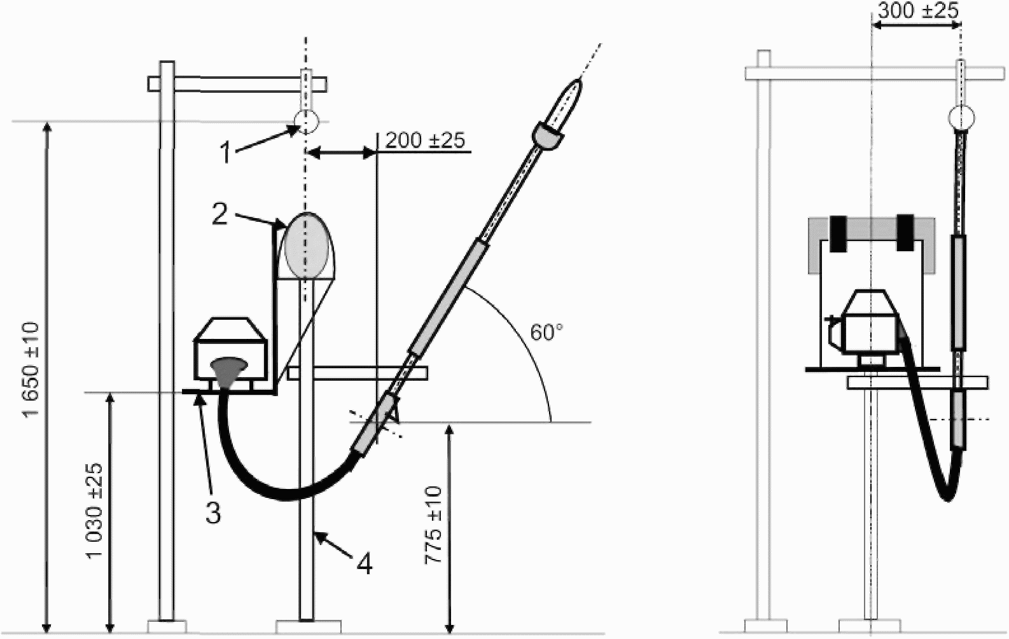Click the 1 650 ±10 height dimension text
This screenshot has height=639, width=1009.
click(32, 370)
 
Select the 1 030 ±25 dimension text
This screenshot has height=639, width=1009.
click(95, 510)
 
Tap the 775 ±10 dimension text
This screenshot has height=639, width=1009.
click(435, 525)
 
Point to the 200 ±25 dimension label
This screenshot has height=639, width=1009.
click(425, 141)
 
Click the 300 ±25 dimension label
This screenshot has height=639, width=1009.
click(918, 10)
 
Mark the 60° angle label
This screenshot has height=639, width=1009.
click(546, 333)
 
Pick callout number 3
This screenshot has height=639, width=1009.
click(214, 512)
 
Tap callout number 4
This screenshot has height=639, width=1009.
click(365, 563)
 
